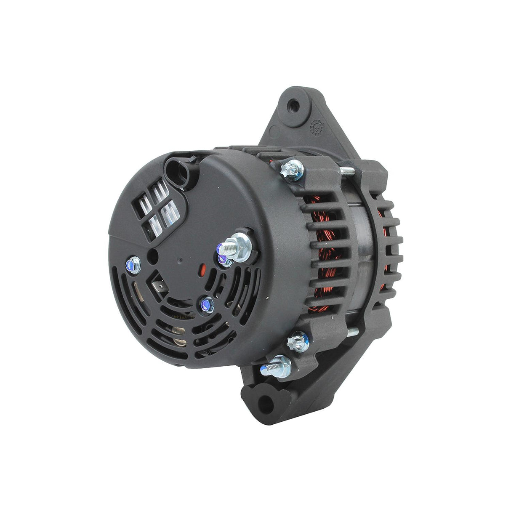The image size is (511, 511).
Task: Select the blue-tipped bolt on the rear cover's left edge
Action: coord(133,264)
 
